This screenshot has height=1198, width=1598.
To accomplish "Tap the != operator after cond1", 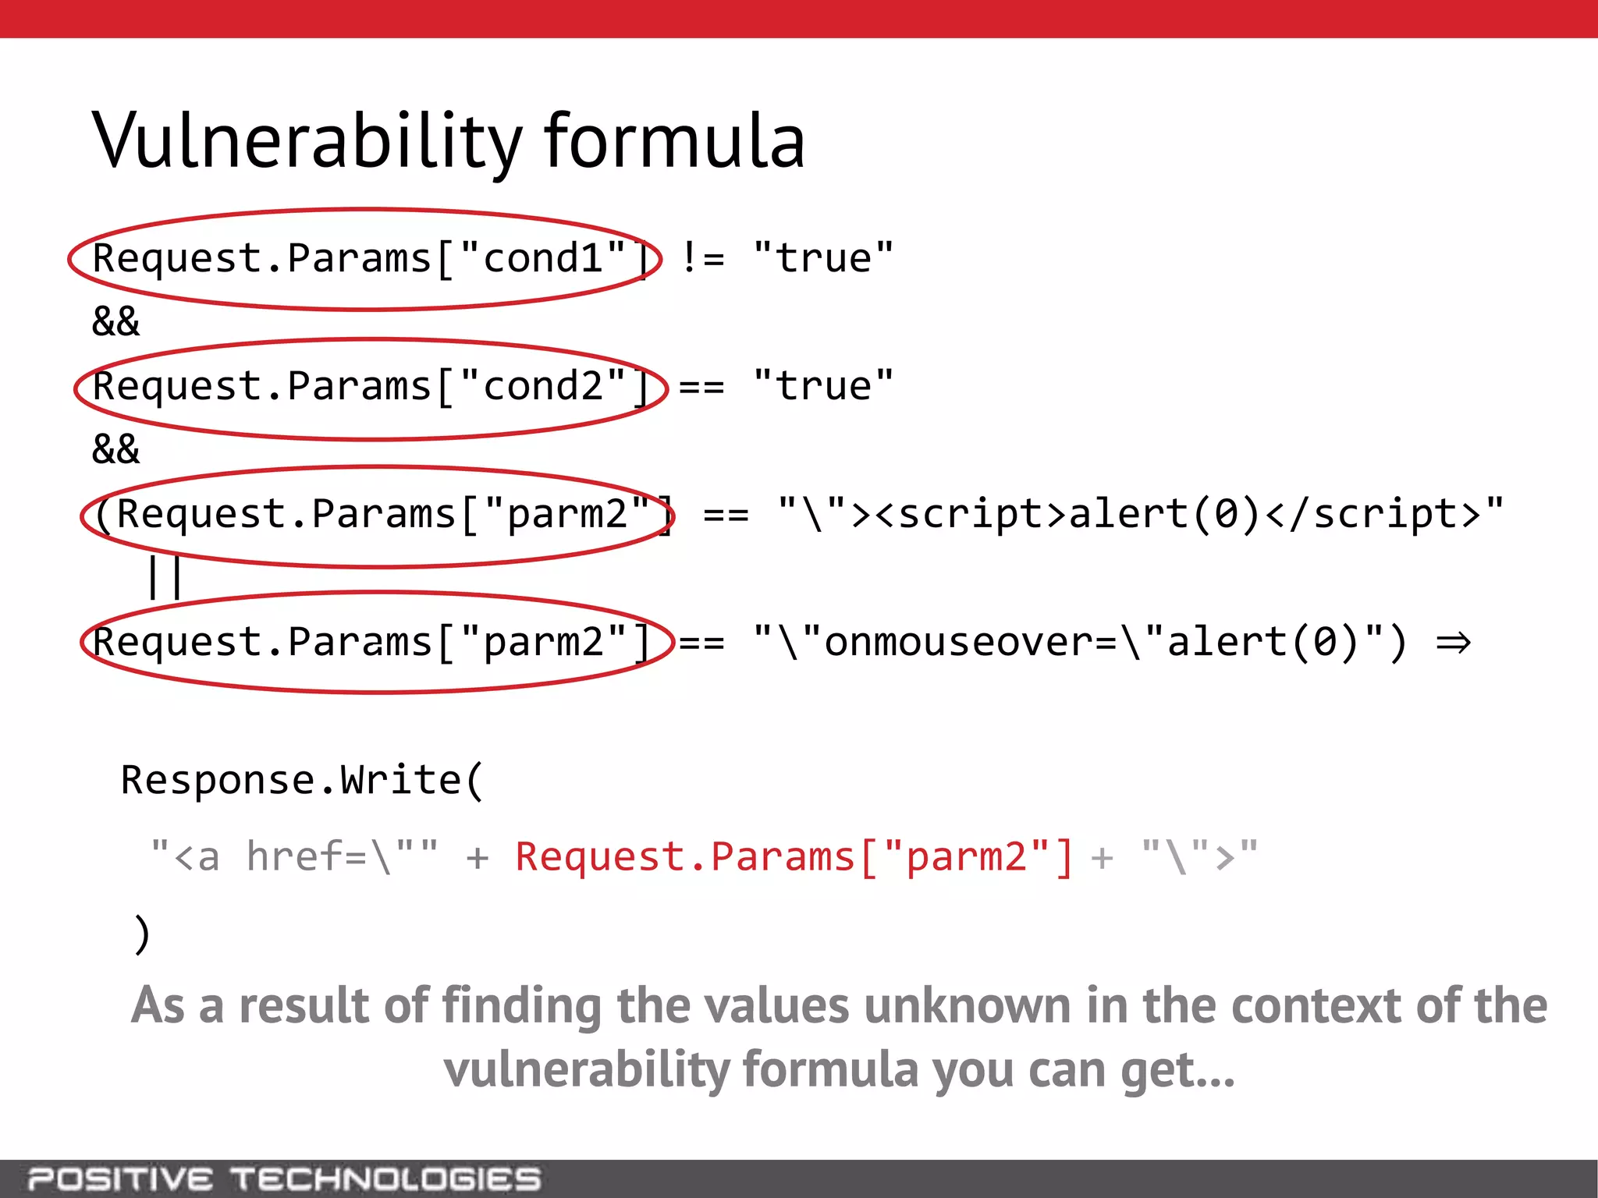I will [x=702, y=258].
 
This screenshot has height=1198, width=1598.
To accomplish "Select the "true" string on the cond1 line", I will [x=823, y=258].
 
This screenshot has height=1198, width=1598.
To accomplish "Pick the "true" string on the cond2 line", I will [x=823, y=386].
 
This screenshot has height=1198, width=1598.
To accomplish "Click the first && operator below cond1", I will [x=115, y=321].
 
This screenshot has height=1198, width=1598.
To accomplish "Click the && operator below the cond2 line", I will [x=115, y=449].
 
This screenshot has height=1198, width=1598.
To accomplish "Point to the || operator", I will [x=165, y=577].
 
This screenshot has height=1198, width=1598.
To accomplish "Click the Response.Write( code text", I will [x=302, y=781].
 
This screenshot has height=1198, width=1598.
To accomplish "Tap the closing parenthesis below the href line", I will [x=141, y=934].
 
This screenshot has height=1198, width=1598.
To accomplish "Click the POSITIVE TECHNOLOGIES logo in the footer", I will [x=284, y=1179].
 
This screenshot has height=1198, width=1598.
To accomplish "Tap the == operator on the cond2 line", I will [x=701, y=387].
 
